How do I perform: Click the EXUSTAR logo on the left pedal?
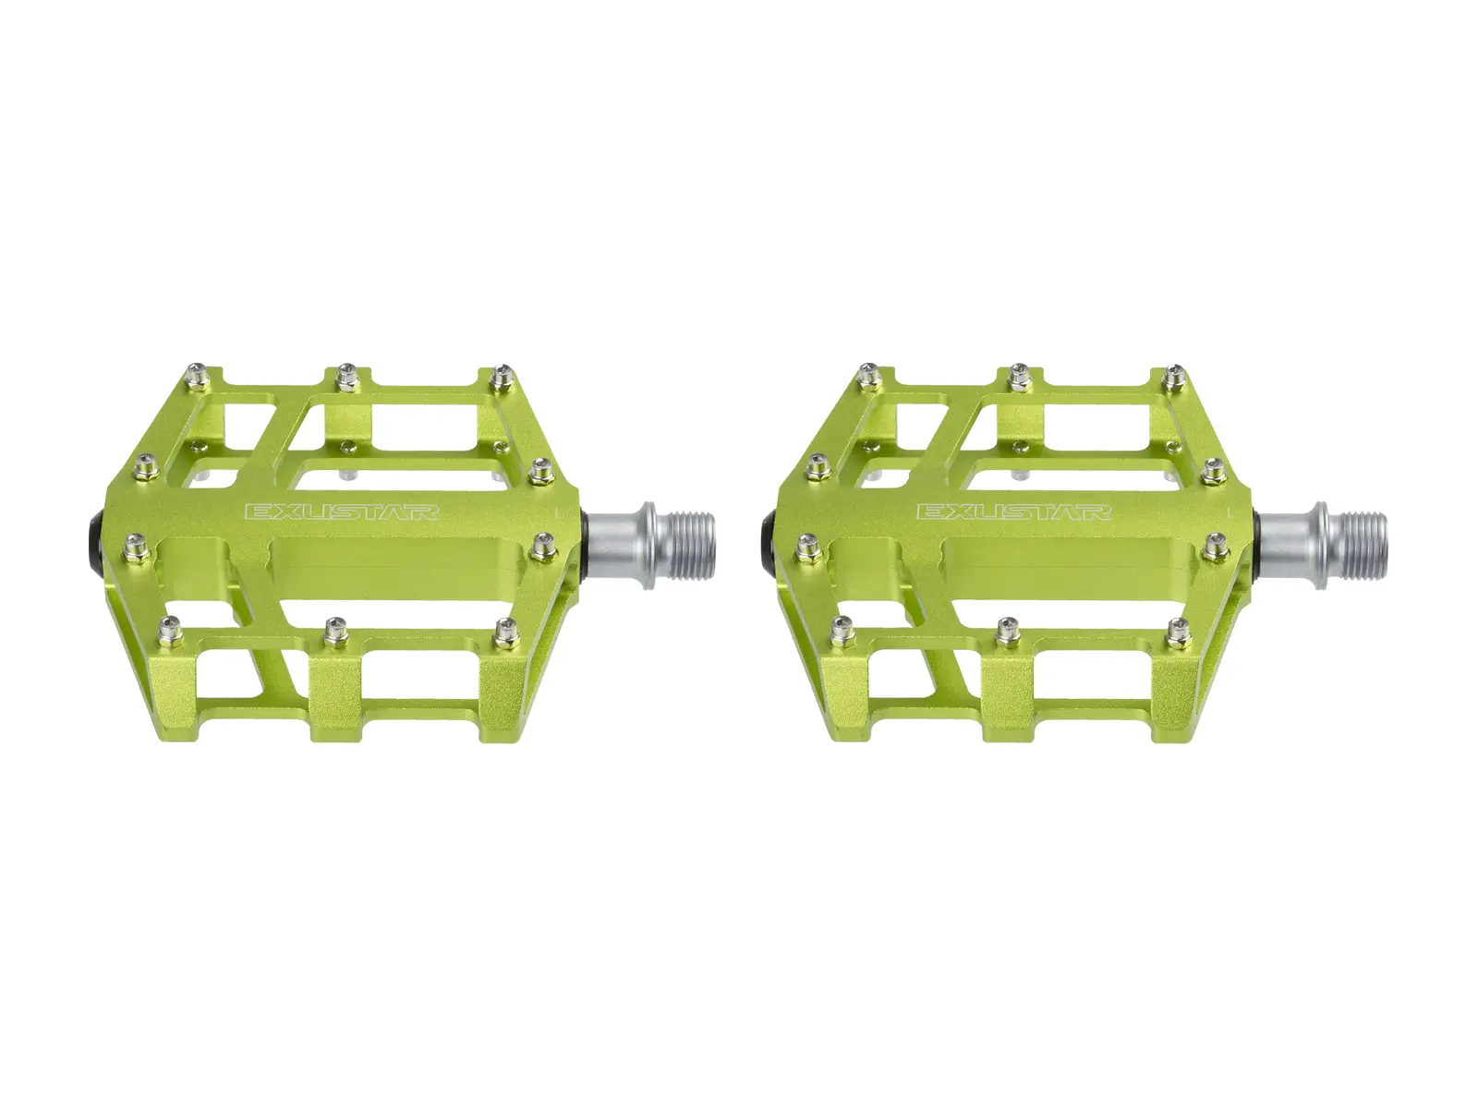[343, 513]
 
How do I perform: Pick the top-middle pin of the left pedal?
[346, 376]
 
